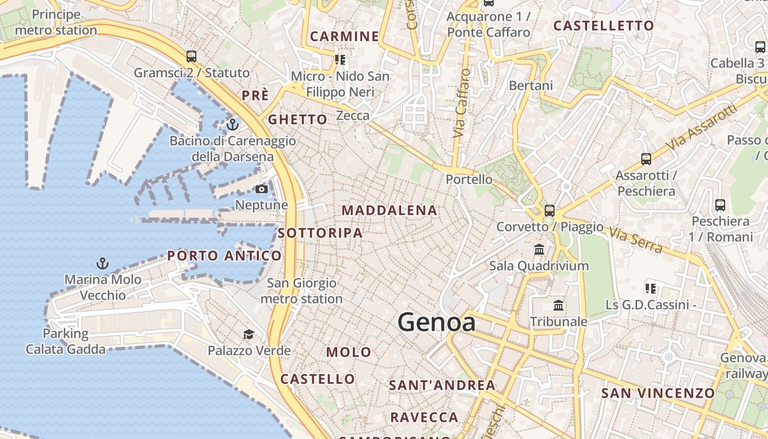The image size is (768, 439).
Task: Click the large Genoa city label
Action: [x=437, y=322]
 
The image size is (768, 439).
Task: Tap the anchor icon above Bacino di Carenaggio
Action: [x=233, y=125]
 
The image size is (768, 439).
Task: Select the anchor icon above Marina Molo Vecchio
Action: [x=103, y=263]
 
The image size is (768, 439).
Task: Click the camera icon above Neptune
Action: [x=262, y=189]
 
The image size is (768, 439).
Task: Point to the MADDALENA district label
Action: [x=389, y=210]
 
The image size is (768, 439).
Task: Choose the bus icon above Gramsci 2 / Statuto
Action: [x=191, y=56]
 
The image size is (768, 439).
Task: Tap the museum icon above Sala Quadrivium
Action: [x=539, y=250]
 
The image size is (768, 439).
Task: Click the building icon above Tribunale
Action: [x=558, y=306]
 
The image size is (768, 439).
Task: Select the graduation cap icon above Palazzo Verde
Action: [x=249, y=334]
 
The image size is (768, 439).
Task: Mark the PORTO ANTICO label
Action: [x=224, y=256]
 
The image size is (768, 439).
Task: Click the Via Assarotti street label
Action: [x=702, y=127]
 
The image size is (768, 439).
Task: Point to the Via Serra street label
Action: [x=636, y=240]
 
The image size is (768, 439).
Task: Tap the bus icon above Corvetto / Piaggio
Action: [x=549, y=210]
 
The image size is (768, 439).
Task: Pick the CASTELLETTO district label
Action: [x=603, y=26]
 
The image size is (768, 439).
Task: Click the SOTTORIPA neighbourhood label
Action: [x=320, y=233]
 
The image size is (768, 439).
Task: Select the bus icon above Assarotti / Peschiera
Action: [x=646, y=159]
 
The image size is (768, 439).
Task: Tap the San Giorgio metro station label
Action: [x=301, y=291]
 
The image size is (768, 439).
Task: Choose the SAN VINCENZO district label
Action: [x=658, y=393]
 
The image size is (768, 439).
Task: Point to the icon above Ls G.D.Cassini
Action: [x=651, y=288]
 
